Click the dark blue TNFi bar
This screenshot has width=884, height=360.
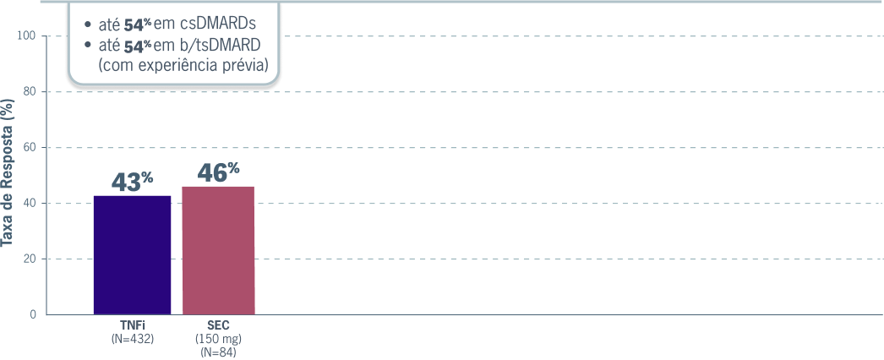pos(132,255)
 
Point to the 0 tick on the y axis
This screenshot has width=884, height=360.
pos(33,314)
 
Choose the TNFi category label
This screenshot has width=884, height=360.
pos(132,325)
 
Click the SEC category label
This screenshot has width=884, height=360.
pos(218,325)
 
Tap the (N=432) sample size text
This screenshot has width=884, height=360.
pos(132,338)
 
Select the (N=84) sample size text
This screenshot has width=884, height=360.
pos(218,352)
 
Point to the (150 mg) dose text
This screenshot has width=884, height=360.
pos(218,339)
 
